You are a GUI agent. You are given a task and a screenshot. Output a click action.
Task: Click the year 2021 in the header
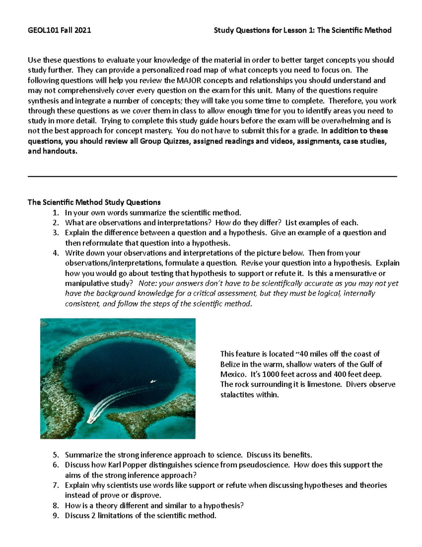(83, 30)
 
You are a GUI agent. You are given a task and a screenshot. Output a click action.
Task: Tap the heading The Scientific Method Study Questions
(94, 202)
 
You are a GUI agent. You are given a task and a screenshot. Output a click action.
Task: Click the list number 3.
(56, 233)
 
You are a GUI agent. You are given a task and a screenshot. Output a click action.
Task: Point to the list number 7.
(56, 485)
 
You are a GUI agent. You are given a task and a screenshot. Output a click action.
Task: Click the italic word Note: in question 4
(148, 284)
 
